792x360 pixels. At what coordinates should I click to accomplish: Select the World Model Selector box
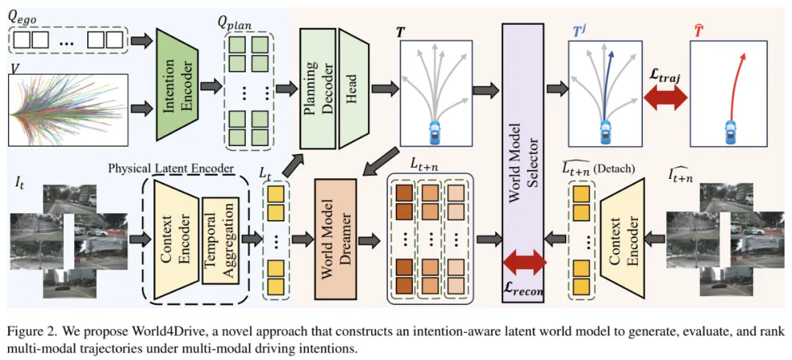click(523, 147)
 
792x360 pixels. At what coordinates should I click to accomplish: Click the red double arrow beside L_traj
click(664, 98)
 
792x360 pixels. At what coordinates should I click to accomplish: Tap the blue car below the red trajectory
click(730, 131)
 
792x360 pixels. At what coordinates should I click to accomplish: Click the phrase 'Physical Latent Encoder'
click(170, 168)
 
